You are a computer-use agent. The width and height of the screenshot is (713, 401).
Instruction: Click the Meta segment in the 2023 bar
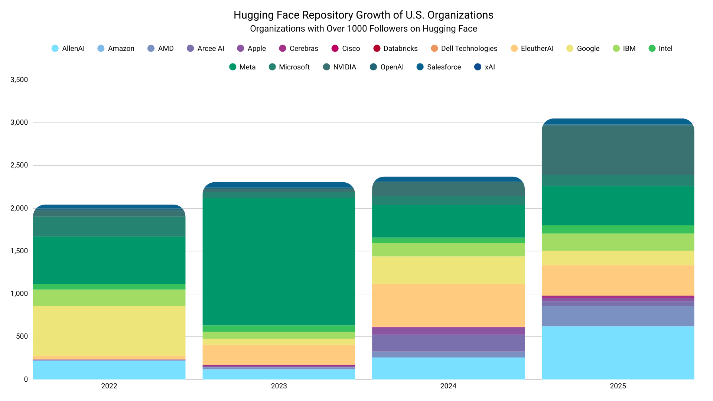(279, 261)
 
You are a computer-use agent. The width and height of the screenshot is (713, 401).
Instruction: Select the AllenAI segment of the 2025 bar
(618, 353)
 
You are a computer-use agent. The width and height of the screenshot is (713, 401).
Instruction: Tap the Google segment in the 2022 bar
(109, 331)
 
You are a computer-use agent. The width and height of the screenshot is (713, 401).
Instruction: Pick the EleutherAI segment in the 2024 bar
(448, 305)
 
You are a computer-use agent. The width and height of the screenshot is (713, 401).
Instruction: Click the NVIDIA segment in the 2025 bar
(618, 150)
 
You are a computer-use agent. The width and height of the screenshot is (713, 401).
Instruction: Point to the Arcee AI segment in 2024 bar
(448, 343)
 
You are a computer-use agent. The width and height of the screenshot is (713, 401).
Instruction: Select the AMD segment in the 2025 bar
(618, 316)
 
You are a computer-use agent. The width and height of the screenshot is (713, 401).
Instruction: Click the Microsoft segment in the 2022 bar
(109, 226)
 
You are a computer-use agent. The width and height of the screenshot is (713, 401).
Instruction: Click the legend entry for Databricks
(395, 48)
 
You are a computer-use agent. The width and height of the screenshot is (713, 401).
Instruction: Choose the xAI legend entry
(485, 67)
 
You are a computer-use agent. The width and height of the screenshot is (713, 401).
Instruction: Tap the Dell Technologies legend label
(469, 48)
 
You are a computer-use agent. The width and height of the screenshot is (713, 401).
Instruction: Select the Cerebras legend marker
(283, 48)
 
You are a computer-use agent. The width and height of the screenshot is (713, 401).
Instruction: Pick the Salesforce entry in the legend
(439, 67)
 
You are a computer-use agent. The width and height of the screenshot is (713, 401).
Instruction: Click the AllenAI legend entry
(68, 48)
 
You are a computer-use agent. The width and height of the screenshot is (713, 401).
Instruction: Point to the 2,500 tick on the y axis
(19, 165)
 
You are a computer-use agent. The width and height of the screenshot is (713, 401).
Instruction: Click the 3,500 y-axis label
(19, 80)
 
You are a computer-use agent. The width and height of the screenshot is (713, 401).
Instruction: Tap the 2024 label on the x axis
(448, 386)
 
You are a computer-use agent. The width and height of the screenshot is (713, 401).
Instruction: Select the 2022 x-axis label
(109, 386)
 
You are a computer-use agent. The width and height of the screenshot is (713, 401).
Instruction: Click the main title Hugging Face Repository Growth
(363, 15)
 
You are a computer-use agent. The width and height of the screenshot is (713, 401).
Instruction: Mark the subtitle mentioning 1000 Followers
(363, 29)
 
